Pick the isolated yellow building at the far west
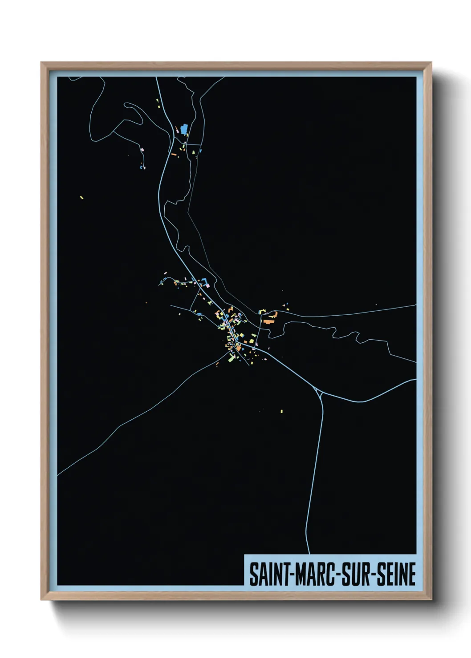pos(81,197)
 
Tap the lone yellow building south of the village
pos(282,411)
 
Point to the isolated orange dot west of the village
pos(146,303)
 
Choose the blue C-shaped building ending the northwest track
pos(142,168)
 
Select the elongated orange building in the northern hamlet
pos(174,155)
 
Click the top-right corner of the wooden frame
pos(431,63)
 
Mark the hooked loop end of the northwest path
pos(126,105)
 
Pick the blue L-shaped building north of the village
pos(206,282)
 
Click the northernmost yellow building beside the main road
pos(157,100)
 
